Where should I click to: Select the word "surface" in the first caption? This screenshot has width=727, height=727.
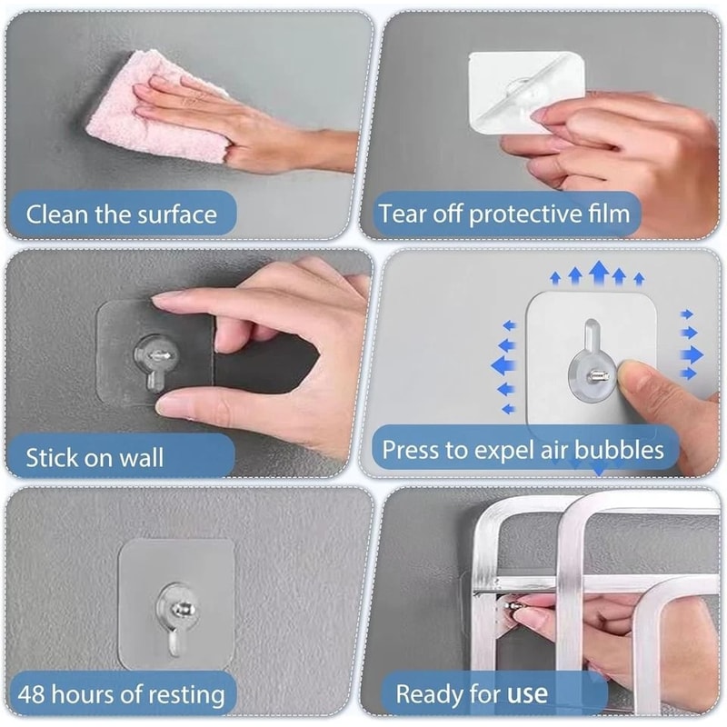coord(177,215)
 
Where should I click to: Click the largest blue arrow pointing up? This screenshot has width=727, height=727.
coord(598,272)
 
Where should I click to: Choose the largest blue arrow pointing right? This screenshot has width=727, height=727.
coord(692,351)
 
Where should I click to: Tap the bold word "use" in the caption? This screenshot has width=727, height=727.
coord(528,695)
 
